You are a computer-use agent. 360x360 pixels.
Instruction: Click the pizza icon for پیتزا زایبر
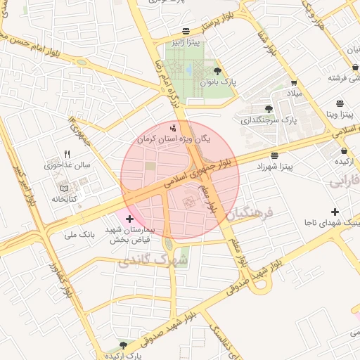(x=185, y=32)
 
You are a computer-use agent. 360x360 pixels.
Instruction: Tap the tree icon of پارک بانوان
(x=217, y=71)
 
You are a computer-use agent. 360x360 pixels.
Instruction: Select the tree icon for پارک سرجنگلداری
(x=269, y=108)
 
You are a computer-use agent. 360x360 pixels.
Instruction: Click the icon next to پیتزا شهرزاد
(x=274, y=155)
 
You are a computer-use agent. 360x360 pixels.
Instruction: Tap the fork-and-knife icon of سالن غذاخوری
(x=67, y=153)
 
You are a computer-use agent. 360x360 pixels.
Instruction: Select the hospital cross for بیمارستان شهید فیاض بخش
(x=129, y=219)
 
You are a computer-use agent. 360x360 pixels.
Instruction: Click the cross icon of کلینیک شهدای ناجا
(x=335, y=212)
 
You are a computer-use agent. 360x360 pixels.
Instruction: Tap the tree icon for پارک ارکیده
(x=124, y=345)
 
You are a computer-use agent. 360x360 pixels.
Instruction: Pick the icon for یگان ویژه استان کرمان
(x=174, y=128)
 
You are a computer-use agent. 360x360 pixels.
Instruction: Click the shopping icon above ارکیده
(x=343, y=150)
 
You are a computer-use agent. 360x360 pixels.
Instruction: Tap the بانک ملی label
(x=78, y=234)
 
